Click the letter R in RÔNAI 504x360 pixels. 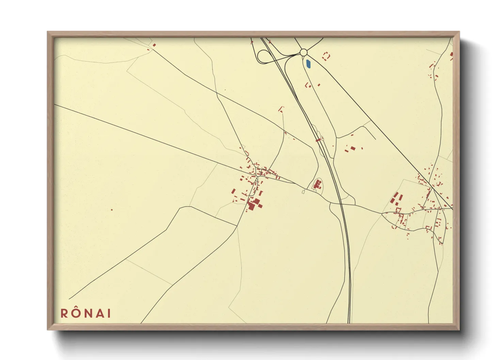pyautogui.click(x=65, y=313)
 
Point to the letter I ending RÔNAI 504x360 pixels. pyautogui.click(x=109, y=313)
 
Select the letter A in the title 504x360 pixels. pyautogui.click(x=100, y=313)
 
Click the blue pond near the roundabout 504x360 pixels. pyautogui.click(x=308, y=64)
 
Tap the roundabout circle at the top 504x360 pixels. pyautogui.click(x=304, y=52)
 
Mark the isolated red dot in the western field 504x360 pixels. pyautogui.click(x=112, y=210)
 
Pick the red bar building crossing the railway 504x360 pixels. pyautogui.click(x=318, y=140)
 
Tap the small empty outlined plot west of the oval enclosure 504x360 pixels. pyautogui.click(x=303, y=192)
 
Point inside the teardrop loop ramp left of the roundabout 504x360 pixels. pyautogui.click(x=264, y=57)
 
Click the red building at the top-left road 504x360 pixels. pyautogui.click(x=154, y=45)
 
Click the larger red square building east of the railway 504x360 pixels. pyautogui.click(x=353, y=148)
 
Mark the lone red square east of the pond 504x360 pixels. pyautogui.click(x=319, y=85)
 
